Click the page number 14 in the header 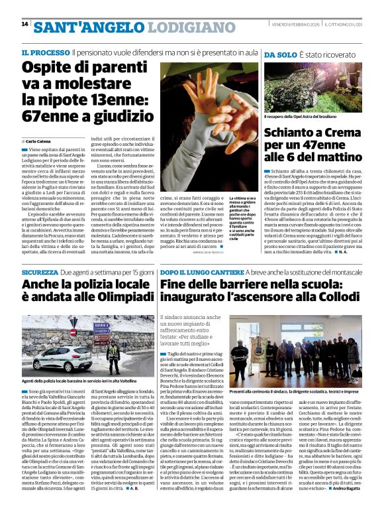coord(24,25)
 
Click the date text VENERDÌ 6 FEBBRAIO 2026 coord(293,24)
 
